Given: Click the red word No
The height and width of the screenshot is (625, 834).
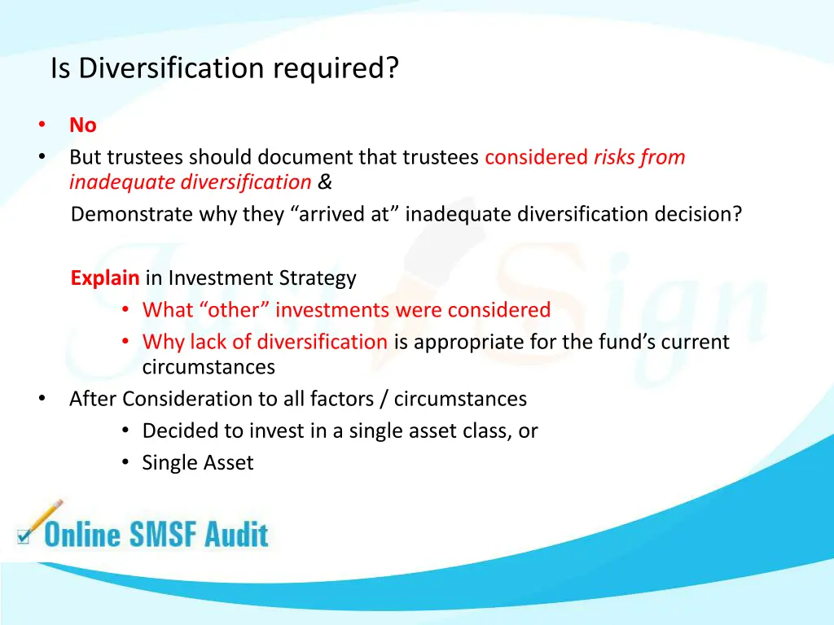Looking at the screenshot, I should click(x=82, y=125).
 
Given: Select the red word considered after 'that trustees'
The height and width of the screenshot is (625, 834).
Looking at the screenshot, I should click(x=536, y=157).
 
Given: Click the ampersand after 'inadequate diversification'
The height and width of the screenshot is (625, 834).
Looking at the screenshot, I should click(x=325, y=182).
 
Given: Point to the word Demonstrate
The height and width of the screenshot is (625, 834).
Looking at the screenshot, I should click(x=123, y=215).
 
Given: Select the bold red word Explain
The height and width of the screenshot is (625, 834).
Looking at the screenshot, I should click(x=105, y=278).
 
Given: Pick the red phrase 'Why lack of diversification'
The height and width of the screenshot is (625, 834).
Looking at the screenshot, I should click(x=265, y=342).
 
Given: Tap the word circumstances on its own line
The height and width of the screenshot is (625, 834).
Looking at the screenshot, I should click(x=208, y=367).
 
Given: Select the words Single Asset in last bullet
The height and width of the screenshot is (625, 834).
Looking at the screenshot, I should click(x=198, y=463).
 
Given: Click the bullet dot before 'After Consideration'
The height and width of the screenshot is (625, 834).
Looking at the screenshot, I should click(x=41, y=399).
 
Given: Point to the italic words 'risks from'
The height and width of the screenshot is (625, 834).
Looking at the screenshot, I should click(x=639, y=157).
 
